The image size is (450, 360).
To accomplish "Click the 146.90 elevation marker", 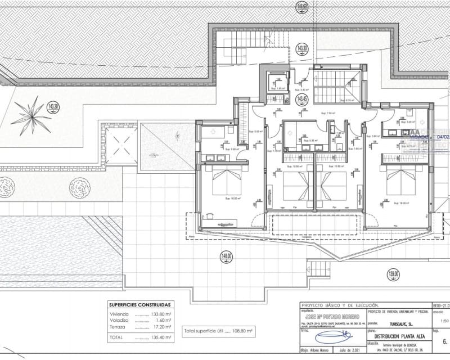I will pos(303,7).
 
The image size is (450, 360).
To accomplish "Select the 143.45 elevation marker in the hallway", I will pos(303,99).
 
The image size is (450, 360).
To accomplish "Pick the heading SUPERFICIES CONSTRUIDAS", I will pos(139,304).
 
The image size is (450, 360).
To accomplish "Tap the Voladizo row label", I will pos(120,320).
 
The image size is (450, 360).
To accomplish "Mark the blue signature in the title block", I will pos(333,337).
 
